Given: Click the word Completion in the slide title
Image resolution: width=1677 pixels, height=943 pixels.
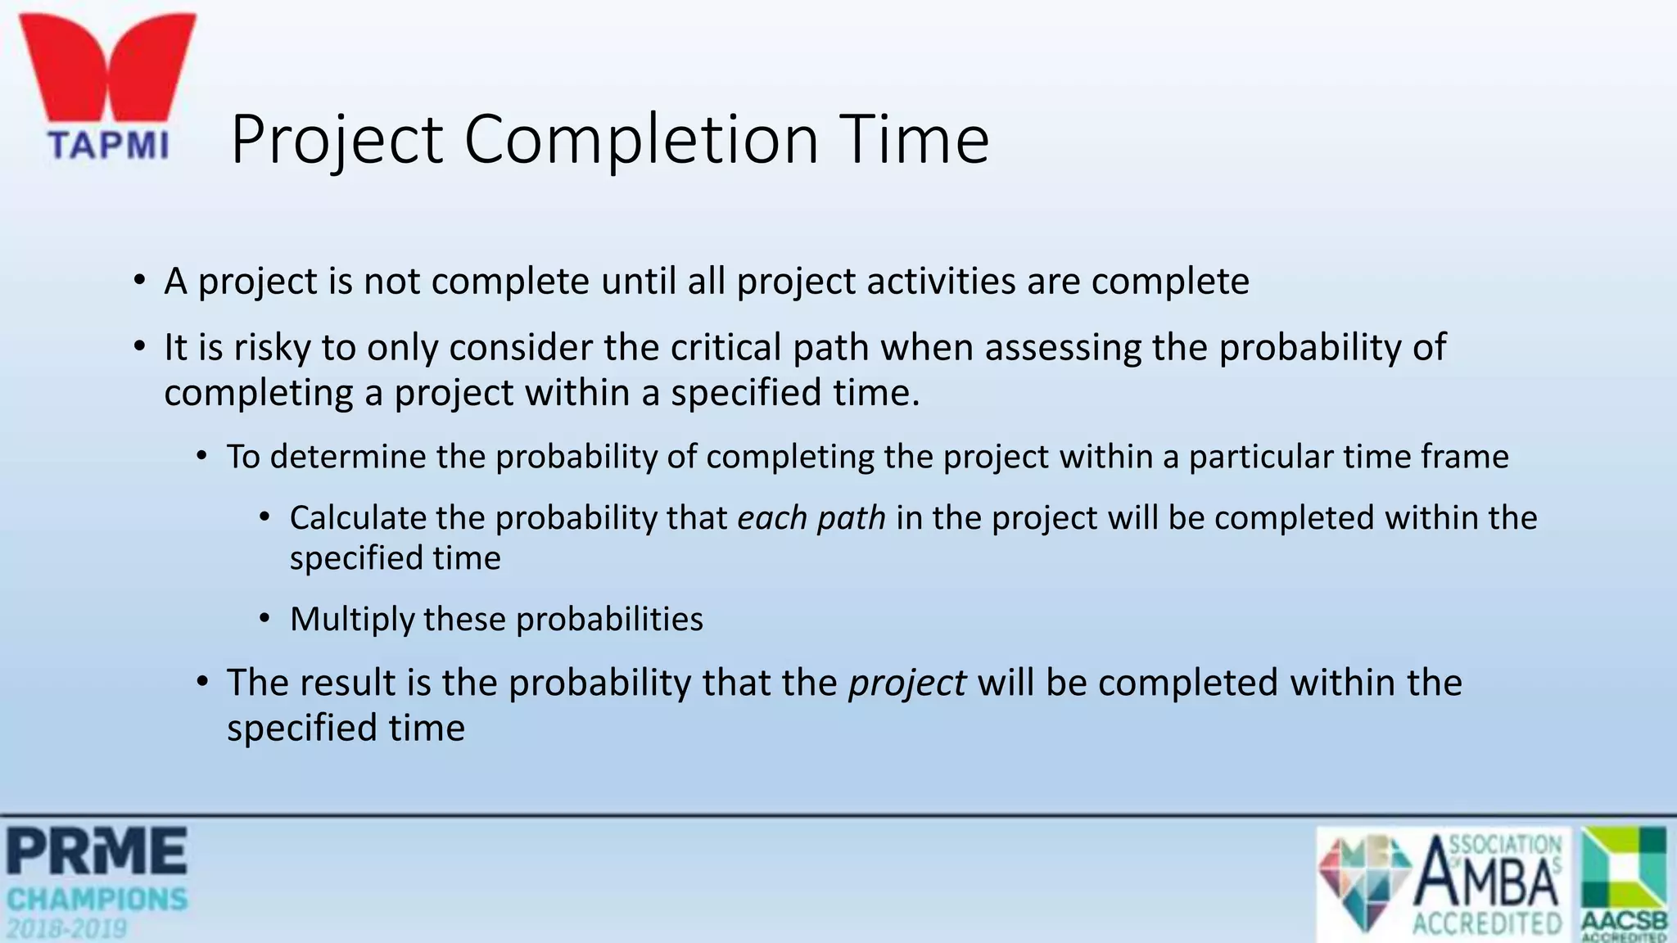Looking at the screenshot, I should coord(641,141).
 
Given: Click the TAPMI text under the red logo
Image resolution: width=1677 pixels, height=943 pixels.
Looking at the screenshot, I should coord(108,146).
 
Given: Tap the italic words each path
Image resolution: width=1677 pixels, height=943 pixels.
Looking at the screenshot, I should coord(811,518).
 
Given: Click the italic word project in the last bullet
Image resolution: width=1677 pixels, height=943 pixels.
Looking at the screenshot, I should coord(907,683).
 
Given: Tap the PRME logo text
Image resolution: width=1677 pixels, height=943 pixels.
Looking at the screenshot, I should coord(97,851).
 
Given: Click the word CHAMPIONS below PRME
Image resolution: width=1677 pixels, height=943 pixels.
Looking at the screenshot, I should coord(97,900).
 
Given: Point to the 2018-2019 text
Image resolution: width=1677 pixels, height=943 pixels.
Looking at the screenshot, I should coord(67,929).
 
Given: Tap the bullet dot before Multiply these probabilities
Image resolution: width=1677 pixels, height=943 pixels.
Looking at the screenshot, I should coord(264,619).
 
